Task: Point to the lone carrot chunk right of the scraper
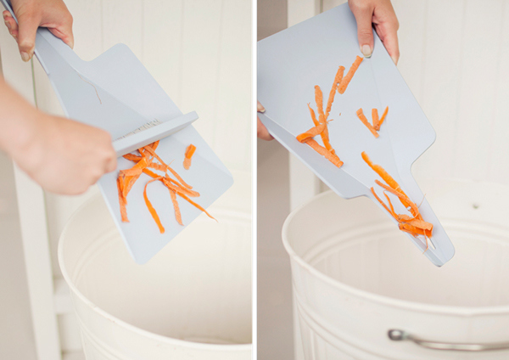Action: (x=189, y=155)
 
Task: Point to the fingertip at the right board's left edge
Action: (x=261, y=109)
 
